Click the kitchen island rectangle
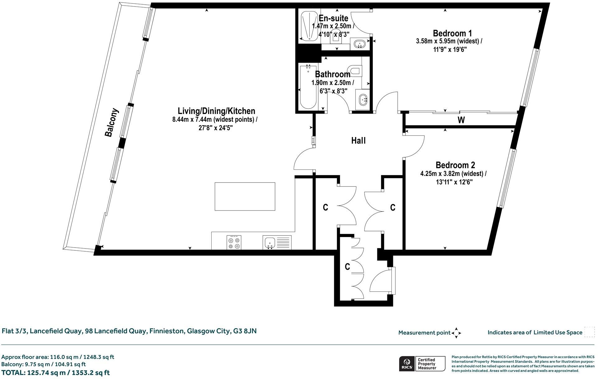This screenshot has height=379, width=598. pos(245,197)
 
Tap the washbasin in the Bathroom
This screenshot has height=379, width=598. pos(363,100)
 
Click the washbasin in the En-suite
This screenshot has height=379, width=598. pos(360,44)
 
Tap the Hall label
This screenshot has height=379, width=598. pos(358,141)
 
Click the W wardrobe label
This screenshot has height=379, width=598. pos(461,120)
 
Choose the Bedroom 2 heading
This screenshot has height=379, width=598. pos(455,165)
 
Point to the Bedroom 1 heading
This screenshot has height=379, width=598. pos(452,33)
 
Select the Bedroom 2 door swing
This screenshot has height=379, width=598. pos(414,146)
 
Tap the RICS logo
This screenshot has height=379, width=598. pos(406,364)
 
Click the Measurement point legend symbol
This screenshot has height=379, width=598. pos(456,333)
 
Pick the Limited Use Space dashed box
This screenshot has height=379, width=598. pos(589,332)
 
